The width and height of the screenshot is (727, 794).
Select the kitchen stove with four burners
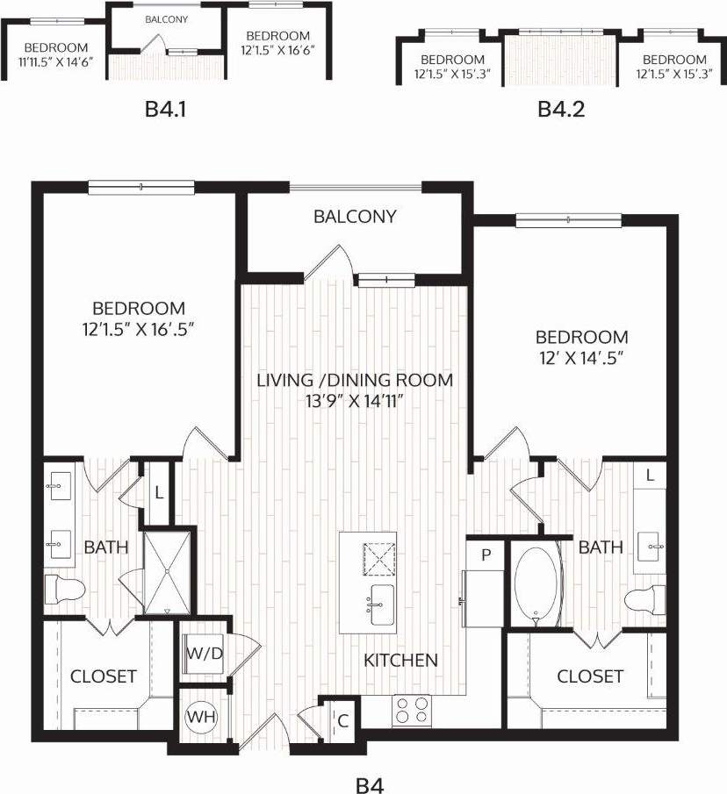click(412, 710)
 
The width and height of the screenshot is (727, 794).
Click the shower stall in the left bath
click(166, 571)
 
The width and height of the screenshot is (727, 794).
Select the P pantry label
click(483, 554)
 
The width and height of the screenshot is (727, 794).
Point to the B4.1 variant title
click(167, 110)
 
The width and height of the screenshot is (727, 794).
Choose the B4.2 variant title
click(561, 110)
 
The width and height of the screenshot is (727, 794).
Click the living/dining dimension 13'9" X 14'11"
click(355, 400)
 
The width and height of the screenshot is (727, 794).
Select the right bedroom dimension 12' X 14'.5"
click(582, 357)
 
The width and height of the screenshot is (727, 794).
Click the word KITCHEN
click(401, 660)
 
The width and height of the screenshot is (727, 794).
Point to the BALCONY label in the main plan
click(355, 216)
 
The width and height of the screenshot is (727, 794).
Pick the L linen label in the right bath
click(650, 476)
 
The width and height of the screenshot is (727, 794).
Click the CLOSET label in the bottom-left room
click(103, 676)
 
